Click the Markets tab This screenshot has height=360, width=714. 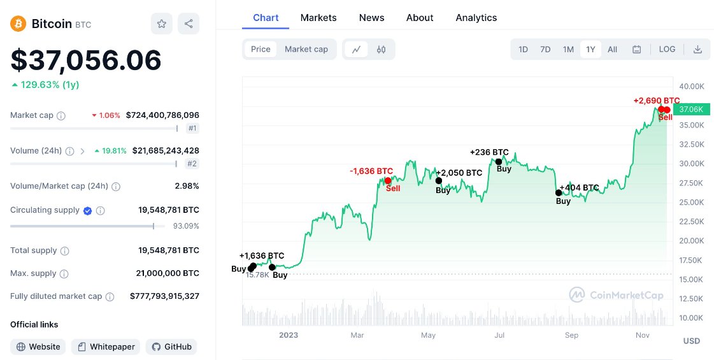pos(318,18)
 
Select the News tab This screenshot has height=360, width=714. pos(371,18)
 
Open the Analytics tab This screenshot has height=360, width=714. pos(476,18)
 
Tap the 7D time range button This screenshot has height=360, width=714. pos(545,49)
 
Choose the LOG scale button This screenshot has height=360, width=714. pos(667,49)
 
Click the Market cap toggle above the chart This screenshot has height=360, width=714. pos(306,49)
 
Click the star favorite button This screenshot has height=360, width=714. pos(162,24)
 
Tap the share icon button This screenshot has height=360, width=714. pos(189,24)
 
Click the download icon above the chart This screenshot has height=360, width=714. pos(697,49)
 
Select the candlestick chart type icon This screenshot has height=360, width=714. pos(382,49)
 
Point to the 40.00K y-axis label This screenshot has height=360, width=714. pos(691,86)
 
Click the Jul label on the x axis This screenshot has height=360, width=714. pos(499,335)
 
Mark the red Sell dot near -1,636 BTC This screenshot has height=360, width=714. pos(388,181)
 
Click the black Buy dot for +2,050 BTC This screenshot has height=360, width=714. pos(439,181)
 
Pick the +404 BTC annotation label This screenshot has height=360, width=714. pos(579,188)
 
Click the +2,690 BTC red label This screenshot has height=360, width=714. pos(656,101)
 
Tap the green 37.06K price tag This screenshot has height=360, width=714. pos(690,110)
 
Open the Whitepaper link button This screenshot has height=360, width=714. pos(106,347)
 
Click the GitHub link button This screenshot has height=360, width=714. pos(171,347)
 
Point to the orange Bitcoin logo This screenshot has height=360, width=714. pos(18,24)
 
